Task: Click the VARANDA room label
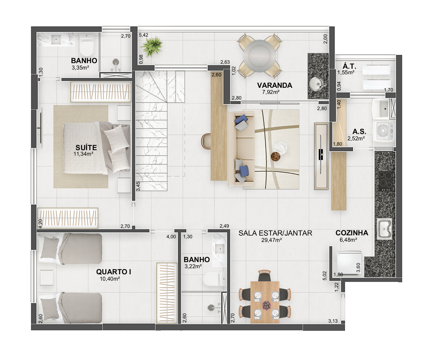tap(274, 85)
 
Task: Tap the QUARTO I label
tap(113, 272)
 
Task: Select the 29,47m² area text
tap(271, 240)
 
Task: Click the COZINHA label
tap(352, 233)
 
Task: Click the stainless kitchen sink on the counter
tap(384, 229)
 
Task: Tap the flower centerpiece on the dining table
tap(266, 305)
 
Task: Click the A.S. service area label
tap(359, 131)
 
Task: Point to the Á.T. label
tap(349, 66)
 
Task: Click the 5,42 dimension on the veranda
tap(144, 35)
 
